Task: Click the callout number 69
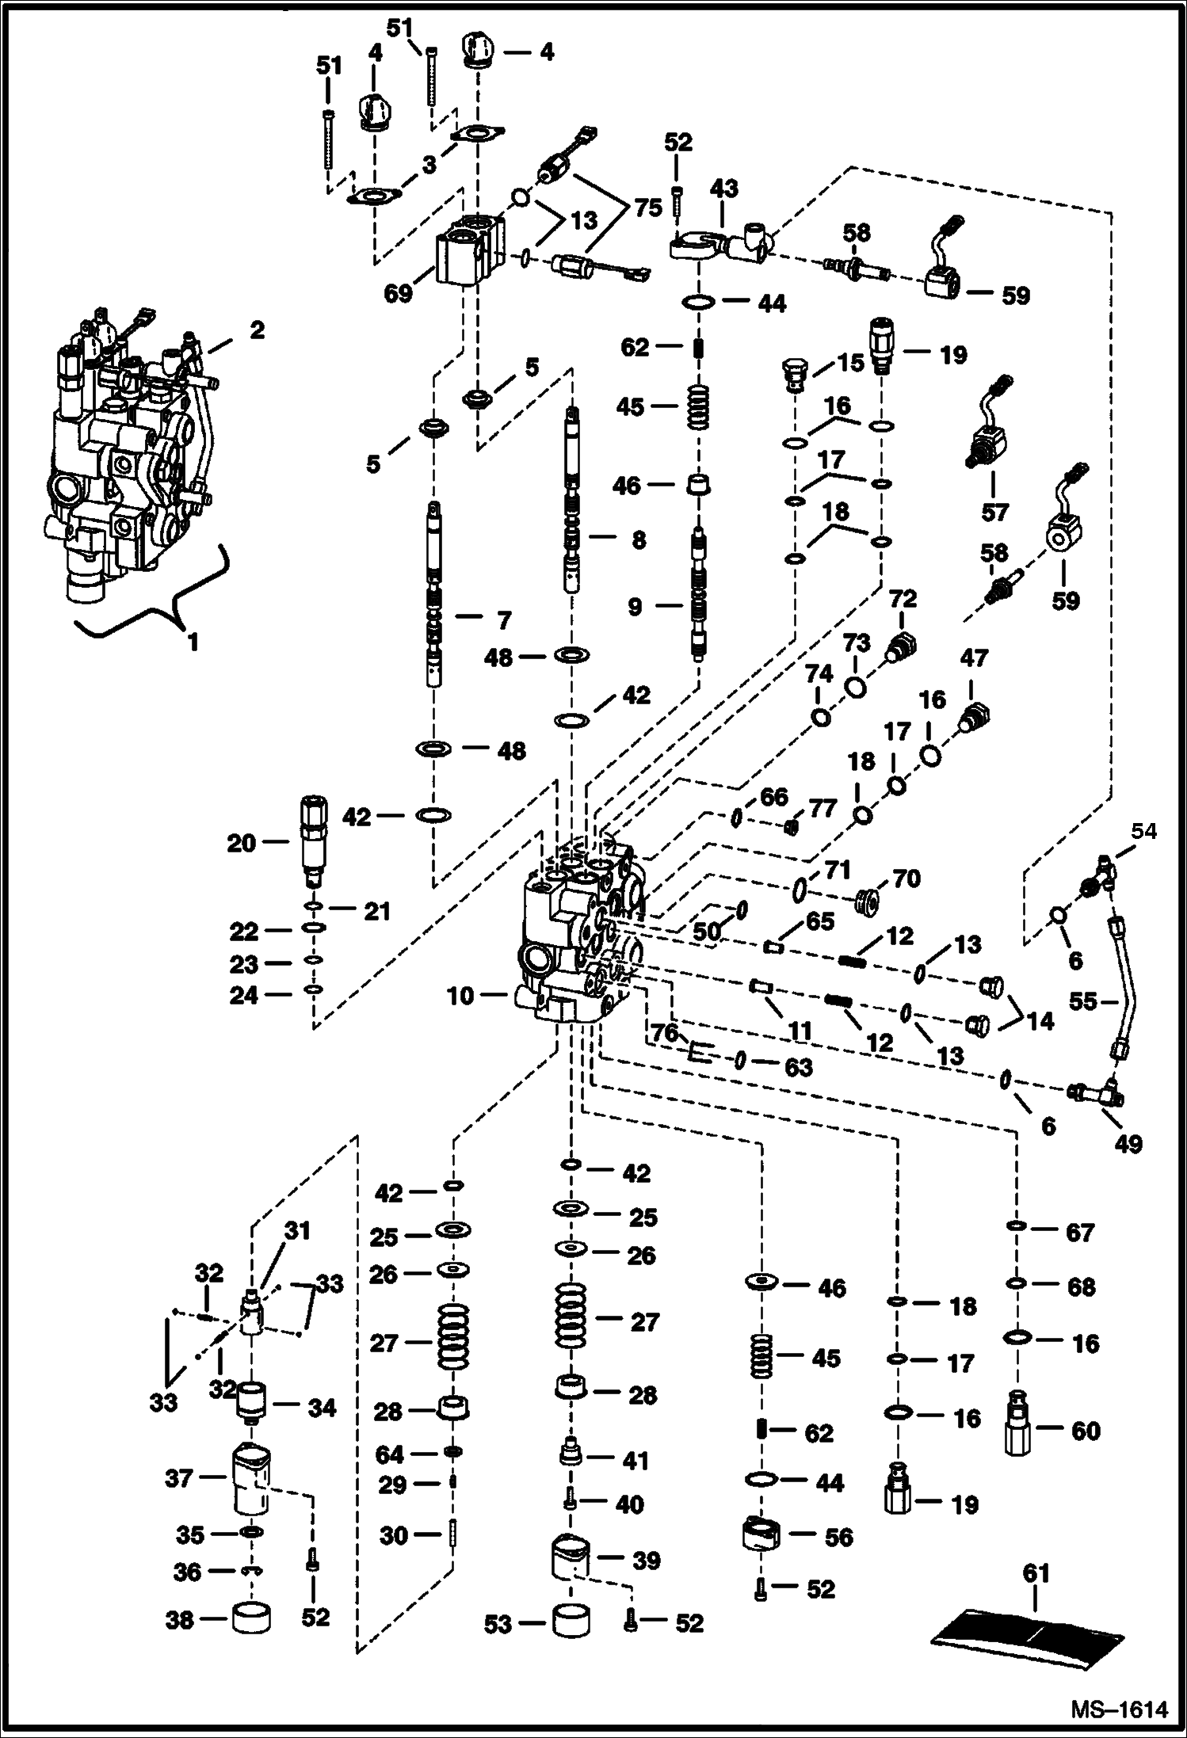[x=399, y=294]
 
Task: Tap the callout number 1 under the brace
[x=193, y=642]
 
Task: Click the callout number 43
[x=723, y=188]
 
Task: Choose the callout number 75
[x=647, y=208]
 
